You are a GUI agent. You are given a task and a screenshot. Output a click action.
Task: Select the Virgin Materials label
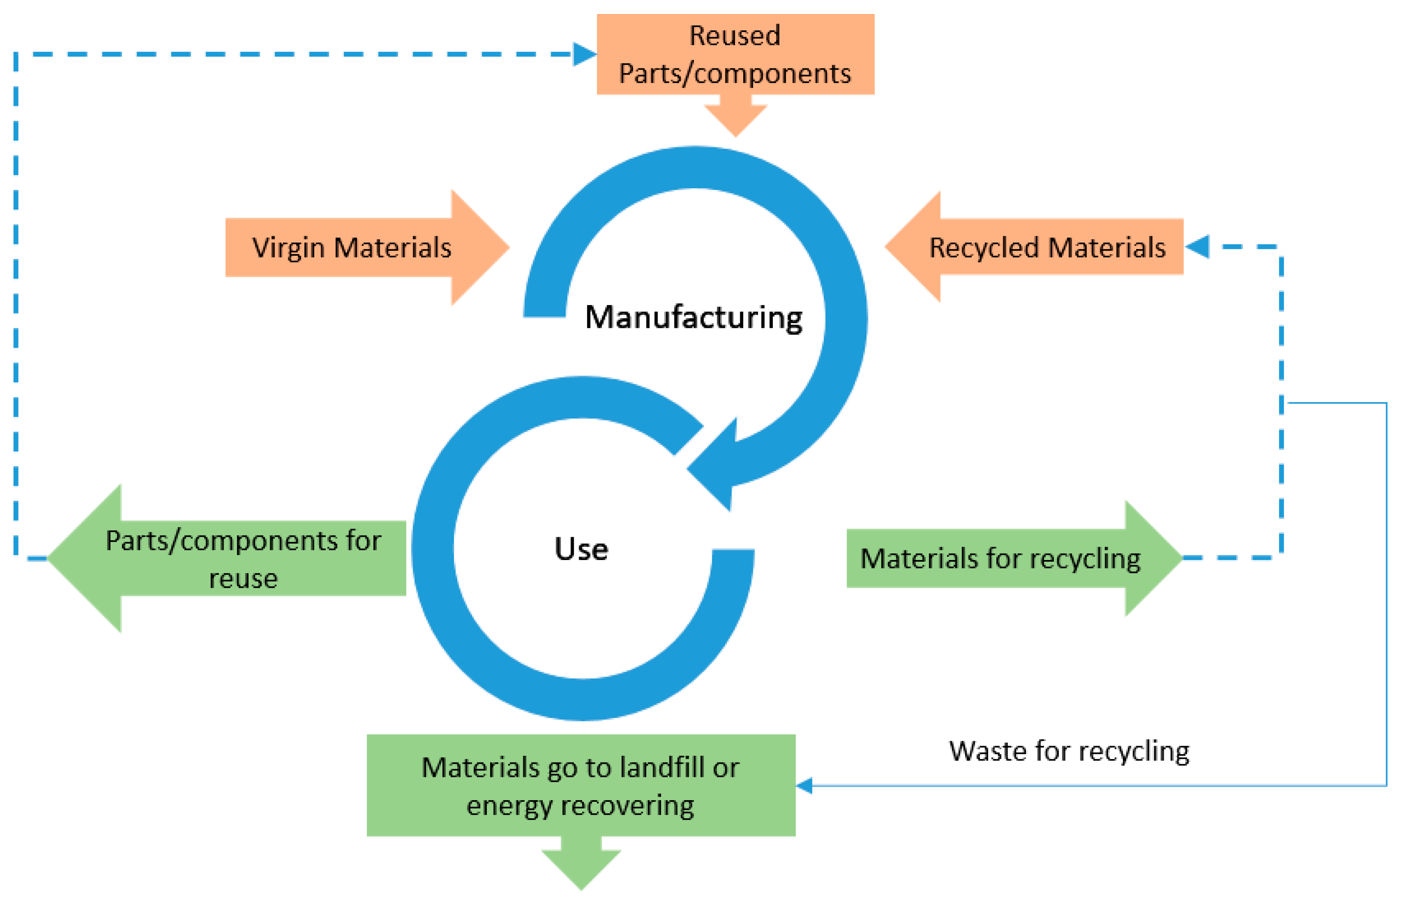(351, 247)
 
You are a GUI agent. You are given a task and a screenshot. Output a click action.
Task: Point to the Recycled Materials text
(1047, 247)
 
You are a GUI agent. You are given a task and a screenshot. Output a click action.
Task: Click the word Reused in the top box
(734, 36)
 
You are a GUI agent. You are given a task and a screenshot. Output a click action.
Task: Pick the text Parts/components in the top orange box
(734, 74)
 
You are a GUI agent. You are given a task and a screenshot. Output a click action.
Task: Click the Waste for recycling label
(1068, 751)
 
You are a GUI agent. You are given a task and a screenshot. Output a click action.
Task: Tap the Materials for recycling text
(1000, 558)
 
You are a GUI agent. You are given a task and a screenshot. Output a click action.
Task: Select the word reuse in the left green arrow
(243, 579)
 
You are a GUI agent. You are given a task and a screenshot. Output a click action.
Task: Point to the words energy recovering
(580, 806)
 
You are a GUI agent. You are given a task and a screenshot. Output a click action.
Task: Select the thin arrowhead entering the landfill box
(805, 786)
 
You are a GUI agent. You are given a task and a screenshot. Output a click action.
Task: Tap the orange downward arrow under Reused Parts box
(735, 120)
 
